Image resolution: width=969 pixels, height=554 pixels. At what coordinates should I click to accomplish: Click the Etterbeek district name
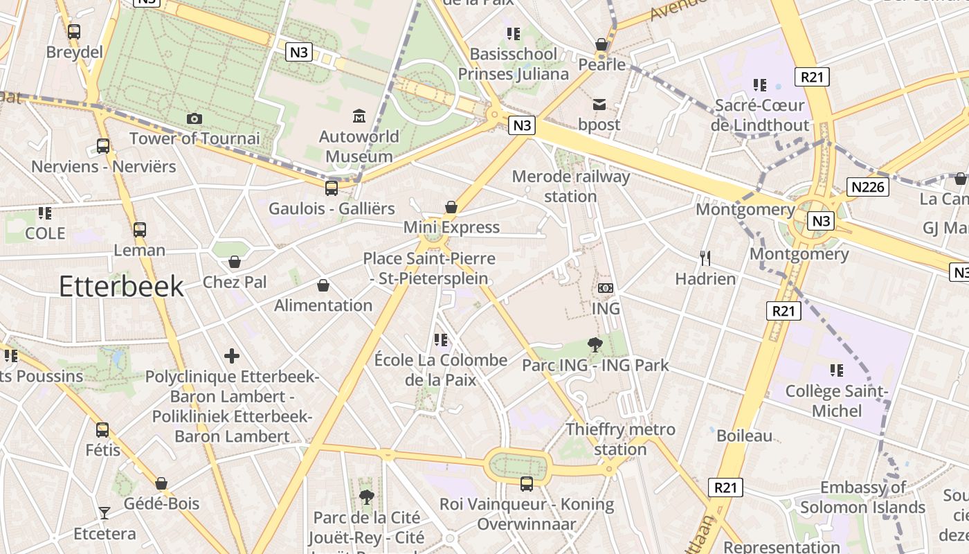[121, 286]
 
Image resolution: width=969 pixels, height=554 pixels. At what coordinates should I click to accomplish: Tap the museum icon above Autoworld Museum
[359, 116]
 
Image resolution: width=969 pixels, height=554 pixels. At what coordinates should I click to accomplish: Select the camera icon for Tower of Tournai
[194, 119]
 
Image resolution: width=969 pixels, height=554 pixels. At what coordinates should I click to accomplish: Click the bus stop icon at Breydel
[74, 32]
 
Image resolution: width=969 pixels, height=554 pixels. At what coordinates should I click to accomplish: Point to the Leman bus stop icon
[140, 230]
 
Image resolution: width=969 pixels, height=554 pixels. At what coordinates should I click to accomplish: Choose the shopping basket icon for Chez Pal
[235, 262]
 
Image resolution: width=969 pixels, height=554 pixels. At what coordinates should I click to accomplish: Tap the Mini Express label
[451, 227]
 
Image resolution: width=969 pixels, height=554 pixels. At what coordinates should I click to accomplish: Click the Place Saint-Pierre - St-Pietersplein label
[430, 268]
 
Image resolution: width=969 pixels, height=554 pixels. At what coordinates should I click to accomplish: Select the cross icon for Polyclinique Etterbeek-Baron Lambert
[232, 356]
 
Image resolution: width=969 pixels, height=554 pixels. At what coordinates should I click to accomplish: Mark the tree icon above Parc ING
[595, 344]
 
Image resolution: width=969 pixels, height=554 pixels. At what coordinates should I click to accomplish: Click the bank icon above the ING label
[606, 287]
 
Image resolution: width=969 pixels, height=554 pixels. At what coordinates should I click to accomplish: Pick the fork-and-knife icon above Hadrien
[705, 258]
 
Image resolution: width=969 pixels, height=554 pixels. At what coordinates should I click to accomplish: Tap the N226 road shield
[868, 187]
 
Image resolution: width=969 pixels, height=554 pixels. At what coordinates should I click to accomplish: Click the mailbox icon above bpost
[599, 105]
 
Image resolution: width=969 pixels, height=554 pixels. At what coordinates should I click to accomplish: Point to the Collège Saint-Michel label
[837, 401]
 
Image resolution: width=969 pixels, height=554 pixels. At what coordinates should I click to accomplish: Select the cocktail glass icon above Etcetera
[105, 513]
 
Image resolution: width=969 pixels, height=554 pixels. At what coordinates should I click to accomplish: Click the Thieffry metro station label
[620, 439]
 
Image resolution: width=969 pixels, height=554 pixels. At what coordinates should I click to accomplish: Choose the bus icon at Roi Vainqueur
[527, 483]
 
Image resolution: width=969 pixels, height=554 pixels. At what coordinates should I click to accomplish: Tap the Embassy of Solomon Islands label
[862, 497]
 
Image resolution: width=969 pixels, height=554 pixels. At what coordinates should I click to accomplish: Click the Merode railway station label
[571, 186]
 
